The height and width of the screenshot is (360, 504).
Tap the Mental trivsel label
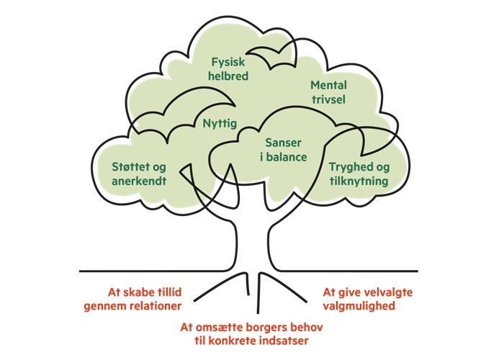click(x=328, y=92)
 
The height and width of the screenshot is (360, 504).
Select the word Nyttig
click(x=220, y=123)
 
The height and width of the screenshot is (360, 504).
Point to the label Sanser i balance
click(x=284, y=150)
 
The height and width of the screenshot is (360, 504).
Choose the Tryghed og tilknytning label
click(x=359, y=174)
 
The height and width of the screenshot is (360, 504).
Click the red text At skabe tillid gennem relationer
click(x=145, y=299)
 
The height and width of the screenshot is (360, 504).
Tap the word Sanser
click(x=284, y=143)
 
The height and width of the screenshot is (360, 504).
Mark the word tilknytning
click(x=359, y=181)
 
